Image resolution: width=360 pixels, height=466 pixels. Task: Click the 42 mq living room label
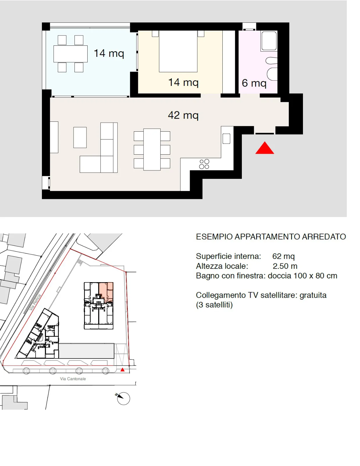click(x=183, y=116)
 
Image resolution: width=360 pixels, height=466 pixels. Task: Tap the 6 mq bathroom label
click(x=254, y=83)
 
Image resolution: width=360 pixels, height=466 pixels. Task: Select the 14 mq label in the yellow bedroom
click(x=183, y=82)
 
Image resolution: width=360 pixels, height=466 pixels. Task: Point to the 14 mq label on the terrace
click(x=109, y=54)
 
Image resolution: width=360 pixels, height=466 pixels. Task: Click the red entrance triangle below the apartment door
click(x=265, y=148)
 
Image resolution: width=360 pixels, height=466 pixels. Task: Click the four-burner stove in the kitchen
click(x=204, y=164)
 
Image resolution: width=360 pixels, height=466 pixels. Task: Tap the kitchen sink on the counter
click(x=226, y=139)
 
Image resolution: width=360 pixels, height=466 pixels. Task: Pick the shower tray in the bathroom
click(x=269, y=41)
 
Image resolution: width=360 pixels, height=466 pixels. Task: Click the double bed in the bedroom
click(x=178, y=51)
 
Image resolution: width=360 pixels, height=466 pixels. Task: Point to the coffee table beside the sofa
click(x=80, y=137)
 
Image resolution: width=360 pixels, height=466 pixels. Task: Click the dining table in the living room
click(x=152, y=149)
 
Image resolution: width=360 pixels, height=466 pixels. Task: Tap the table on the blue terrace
click(x=70, y=54)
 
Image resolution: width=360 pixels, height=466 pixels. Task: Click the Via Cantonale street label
click(x=73, y=379)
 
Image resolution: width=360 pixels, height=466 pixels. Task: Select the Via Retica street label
click(x=35, y=302)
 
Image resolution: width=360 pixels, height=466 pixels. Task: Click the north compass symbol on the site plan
click(x=123, y=398)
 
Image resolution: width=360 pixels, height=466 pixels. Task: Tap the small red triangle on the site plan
click(x=122, y=370)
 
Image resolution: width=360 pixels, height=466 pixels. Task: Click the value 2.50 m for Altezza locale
click(x=285, y=266)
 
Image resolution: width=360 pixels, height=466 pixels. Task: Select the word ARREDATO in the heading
click(x=324, y=237)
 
